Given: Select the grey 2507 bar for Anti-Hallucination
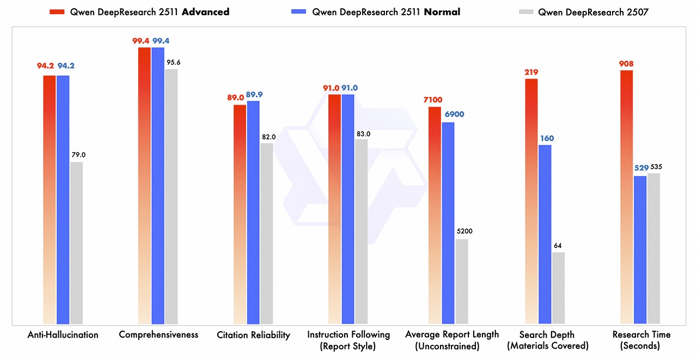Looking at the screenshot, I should [76, 243].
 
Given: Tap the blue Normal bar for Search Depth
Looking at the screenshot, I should [545, 234].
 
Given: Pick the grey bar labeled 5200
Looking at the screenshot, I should [462, 281].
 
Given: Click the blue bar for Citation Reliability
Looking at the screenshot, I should [253, 212].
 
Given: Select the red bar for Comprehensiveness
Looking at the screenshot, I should [144, 185].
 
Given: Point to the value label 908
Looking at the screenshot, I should [626, 64].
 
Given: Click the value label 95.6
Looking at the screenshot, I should [172, 63].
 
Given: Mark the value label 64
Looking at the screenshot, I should [558, 246].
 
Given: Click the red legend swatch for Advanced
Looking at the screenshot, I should [57, 12].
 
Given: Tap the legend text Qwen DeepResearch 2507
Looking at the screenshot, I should [594, 12].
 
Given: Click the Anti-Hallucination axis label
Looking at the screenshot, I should [63, 334].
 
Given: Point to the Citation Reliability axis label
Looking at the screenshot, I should [253, 335].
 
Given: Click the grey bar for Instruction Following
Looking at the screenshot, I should [362, 231].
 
